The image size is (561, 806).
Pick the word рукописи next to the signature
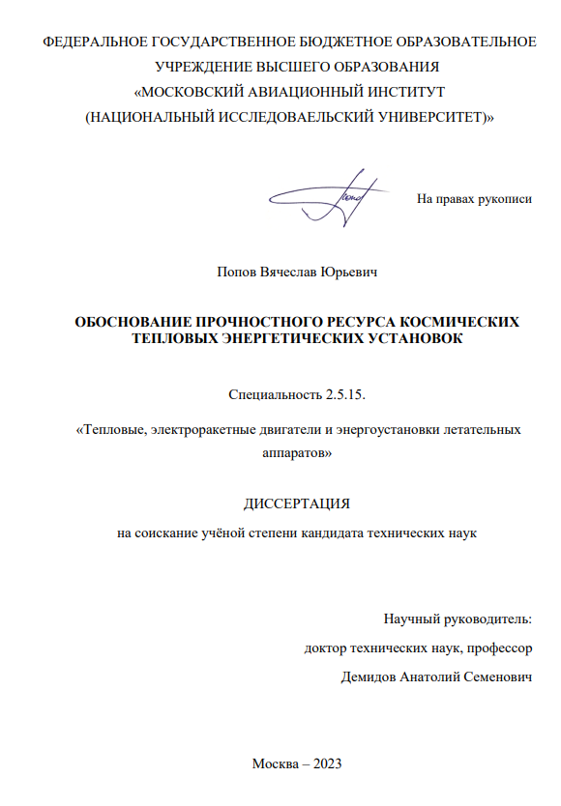pyautogui.click(x=503, y=199)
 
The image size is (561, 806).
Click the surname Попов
pyautogui.click(x=238, y=273)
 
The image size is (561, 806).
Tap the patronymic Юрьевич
pyautogui.click(x=347, y=273)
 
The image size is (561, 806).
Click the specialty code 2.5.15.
pyautogui.click(x=345, y=394)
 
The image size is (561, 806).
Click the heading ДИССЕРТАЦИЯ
pyautogui.click(x=295, y=504)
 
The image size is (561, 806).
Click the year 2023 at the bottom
pyautogui.click(x=324, y=763)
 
